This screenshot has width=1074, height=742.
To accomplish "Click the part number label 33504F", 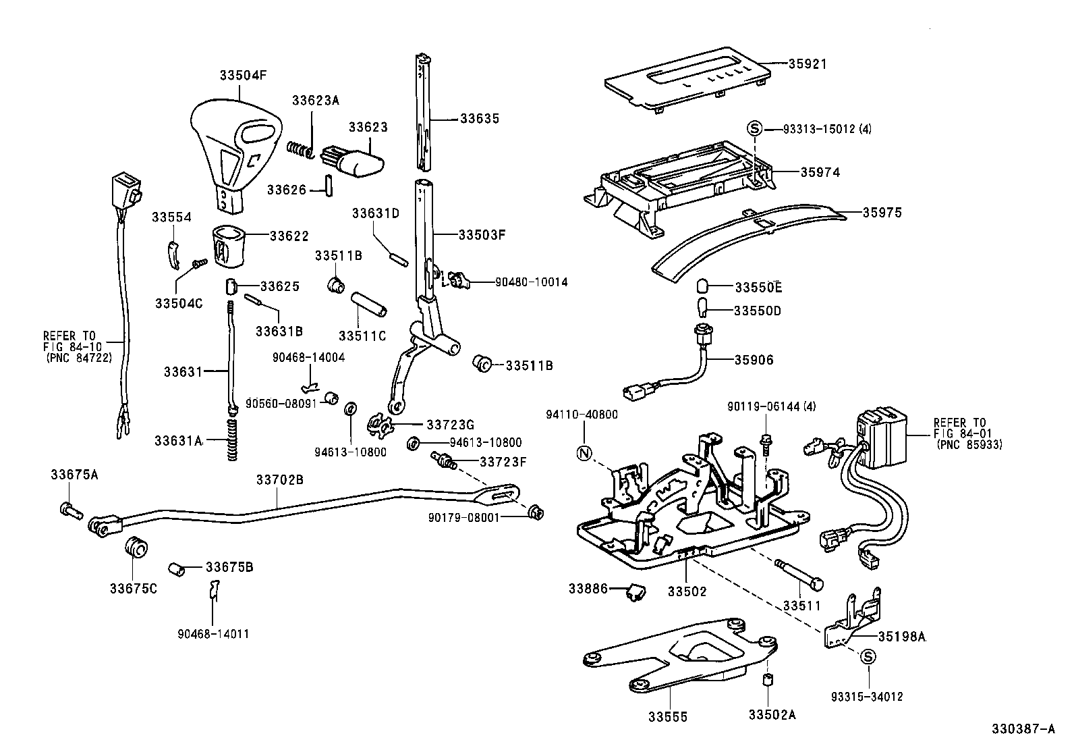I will pyautogui.click(x=242, y=76).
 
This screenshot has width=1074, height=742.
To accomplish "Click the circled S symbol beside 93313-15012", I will pyautogui.click(x=755, y=128).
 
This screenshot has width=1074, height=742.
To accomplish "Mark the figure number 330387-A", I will pyautogui.click(x=1022, y=729).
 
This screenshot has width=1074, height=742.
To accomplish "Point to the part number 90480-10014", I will pyautogui.click(x=531, y=282).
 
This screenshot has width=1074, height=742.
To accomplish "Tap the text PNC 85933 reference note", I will pyautogui.click(x=969, y=445).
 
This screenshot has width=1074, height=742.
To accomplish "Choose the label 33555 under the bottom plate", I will pyautogui.click(x=668, y=717).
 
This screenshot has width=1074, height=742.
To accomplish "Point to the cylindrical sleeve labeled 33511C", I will pyautogui.click(x=368, y=304).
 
